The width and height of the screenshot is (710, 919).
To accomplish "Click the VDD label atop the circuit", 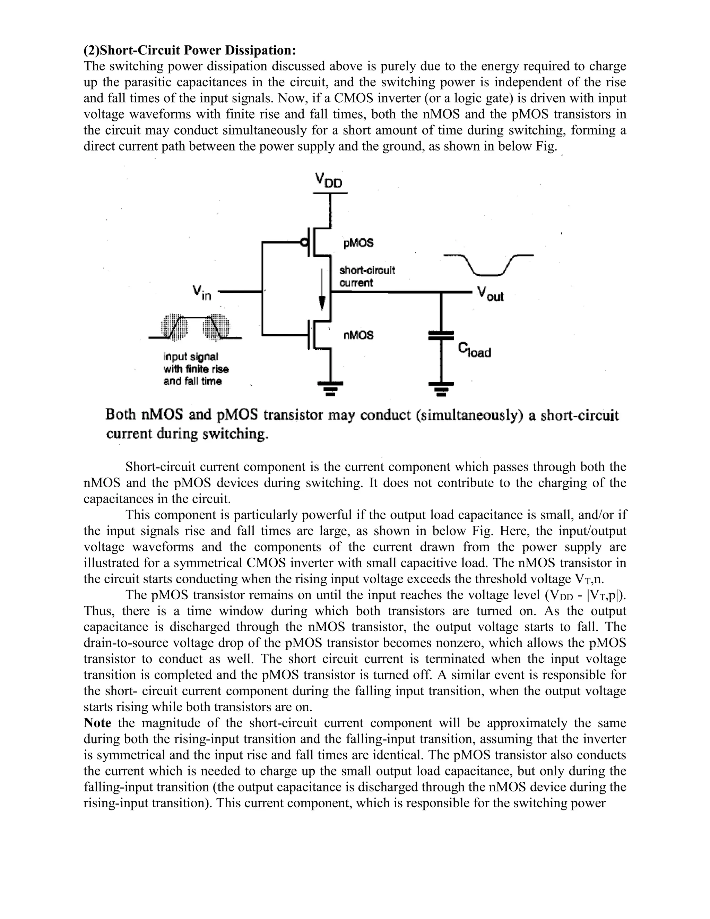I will coord(329,181).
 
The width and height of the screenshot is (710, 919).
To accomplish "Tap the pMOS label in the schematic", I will coord(358,243).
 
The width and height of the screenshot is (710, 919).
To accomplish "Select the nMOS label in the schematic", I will coord(358,335).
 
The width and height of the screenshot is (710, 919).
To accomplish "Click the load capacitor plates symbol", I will coord(441,335).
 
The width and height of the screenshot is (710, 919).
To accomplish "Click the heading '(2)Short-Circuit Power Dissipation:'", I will coord(190,51).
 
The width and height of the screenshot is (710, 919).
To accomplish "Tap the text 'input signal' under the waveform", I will coord(191,357).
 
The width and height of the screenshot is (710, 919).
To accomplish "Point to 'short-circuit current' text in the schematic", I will coord(367,276).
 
